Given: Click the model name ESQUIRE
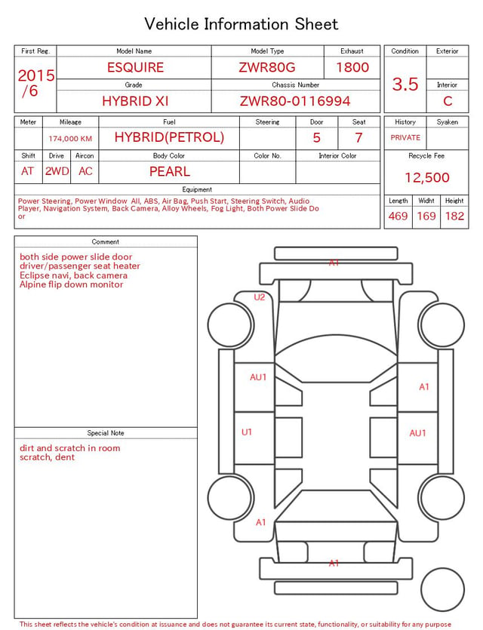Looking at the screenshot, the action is point(135,67).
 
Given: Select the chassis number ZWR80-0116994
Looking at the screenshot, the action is point(295,101).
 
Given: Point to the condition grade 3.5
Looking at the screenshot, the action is point(405,85).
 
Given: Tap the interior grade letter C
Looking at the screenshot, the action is point(448,101).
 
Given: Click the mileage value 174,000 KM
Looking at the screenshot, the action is point(70,139).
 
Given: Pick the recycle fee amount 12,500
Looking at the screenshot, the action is point(426,177).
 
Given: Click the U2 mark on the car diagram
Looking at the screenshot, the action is point(259,297).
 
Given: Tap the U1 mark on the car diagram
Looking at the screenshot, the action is point(246,432).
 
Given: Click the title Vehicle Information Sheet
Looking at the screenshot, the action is point(241,24).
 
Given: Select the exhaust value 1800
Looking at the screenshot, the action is point(352,67).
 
